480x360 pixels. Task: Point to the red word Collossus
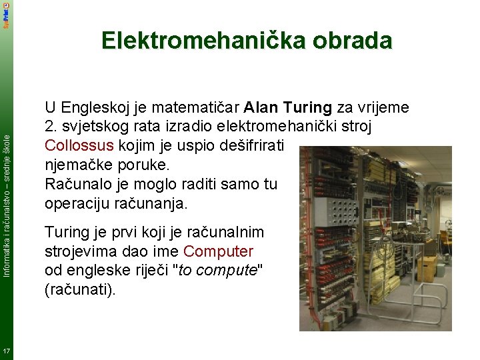79,145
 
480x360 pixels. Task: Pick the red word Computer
218,251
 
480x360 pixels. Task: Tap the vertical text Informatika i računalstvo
6,220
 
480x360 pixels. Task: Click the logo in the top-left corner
6,13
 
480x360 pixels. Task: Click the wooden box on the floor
427,268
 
